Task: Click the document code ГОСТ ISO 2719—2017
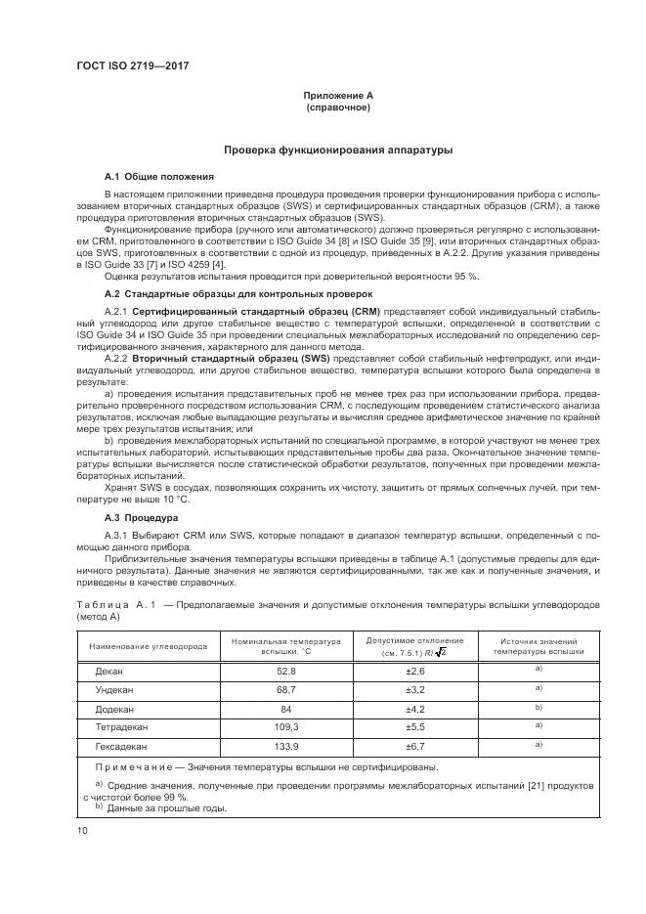tap(132, 65)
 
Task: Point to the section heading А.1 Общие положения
tap(159, 176)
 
